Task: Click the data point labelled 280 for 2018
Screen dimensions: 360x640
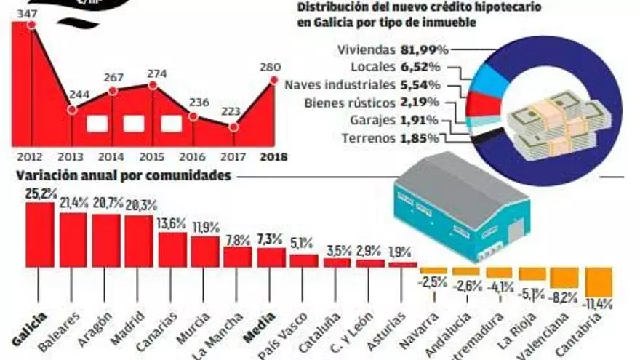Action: [x=273, y=80]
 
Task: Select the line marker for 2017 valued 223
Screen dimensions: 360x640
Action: [x=233, y=127]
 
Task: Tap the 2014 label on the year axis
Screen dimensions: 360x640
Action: [x=111, y=156]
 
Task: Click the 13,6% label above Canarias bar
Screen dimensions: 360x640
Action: [x=172, y=224]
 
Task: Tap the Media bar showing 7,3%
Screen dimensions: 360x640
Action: [x=271, y=257]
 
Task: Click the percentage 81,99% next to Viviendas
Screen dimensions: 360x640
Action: [x=425, y=50]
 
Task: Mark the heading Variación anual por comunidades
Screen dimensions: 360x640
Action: [x=124, y=175]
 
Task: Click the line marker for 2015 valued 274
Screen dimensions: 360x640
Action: [x=153, y=85]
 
